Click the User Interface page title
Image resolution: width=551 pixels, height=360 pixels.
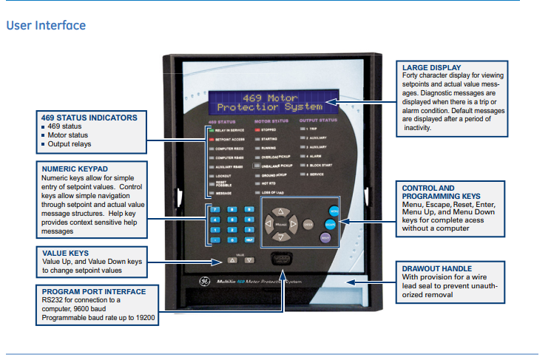(46, 26)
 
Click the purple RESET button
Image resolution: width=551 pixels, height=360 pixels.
(325, 237)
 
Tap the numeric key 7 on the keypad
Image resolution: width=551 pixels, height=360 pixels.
(215, 210)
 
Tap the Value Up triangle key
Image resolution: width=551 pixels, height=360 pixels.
(234, 260)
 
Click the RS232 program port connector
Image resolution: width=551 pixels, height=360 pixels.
(280, 259)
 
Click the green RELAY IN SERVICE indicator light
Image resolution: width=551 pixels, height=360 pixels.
(211, 130)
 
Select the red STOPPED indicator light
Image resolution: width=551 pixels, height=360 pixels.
(257, 129)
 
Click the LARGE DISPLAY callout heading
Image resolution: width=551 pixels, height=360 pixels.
(432, 67)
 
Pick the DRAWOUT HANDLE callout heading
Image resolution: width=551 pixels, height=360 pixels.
(436, 268)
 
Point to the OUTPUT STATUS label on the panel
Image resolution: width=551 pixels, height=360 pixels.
(318, 120)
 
